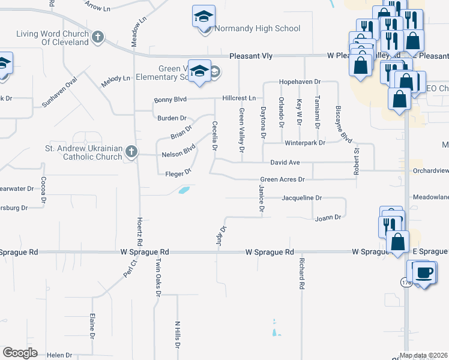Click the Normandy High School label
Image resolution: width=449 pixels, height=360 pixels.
pos(258,28)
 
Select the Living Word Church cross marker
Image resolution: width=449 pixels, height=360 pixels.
pos(98,38)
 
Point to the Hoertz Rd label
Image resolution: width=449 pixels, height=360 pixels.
pos(139,228)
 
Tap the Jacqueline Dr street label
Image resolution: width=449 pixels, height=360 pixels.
pos(302,197)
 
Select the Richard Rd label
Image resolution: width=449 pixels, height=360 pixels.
pos(302,274)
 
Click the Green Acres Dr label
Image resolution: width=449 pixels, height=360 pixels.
pos(283,179)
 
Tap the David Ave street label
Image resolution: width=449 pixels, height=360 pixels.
pos(285,163)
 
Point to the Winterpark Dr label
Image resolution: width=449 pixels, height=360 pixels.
pos(304,143)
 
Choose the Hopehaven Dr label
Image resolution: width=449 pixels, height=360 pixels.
pos(300,82)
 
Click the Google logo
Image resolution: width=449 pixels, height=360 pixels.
pos(20,353)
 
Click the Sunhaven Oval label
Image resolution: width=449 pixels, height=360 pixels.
pos(60,92)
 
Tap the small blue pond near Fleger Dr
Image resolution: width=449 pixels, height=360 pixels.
pos(184,190)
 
